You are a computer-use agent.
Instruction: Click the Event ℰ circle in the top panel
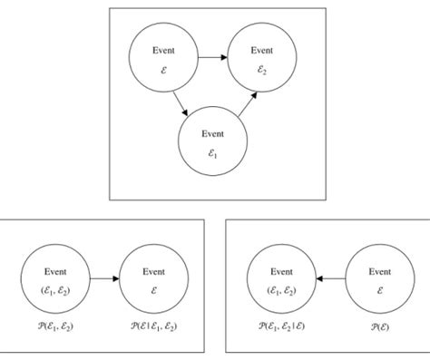163,60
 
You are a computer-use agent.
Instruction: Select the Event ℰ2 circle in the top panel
261,60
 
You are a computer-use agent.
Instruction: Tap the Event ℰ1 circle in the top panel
212,143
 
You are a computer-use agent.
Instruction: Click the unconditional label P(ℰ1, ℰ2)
55,324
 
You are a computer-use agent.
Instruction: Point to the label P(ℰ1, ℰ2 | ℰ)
280,324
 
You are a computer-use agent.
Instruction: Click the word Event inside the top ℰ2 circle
261,50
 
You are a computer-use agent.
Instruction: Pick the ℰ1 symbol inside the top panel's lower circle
212,154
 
